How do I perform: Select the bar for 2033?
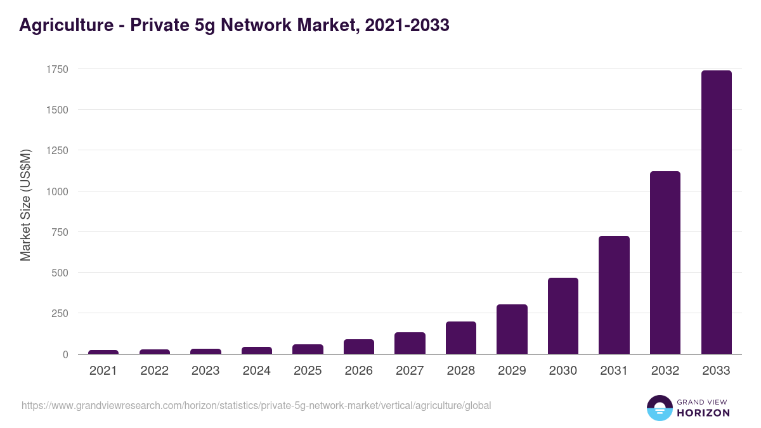[716, 212]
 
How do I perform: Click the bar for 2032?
[665, 263]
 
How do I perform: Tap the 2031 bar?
[614, 295]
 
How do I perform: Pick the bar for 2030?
[563, 316]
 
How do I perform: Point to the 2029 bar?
[512, 329]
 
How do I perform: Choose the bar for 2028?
[460, 337]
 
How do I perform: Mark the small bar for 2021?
[103, 352]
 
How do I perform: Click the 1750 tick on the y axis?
[56, 69]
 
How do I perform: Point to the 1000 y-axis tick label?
[56, 191]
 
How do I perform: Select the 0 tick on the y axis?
[65, 354]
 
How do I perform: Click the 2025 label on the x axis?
[308, 371]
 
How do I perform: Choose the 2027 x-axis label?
[410, 371]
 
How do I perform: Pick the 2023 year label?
[205, 371]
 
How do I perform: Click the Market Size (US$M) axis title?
[25, 205]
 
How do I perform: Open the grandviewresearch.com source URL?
[256, 405]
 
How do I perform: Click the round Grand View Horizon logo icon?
[659, 408]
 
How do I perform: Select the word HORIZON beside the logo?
[703, 413]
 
